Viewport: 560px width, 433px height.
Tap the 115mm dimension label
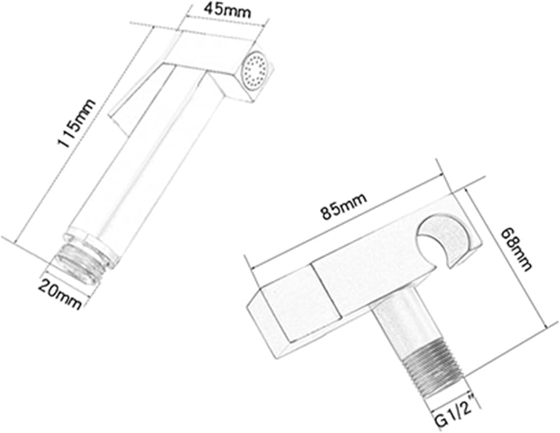point(76,123)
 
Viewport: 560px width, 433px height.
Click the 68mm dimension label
point(516,249)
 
